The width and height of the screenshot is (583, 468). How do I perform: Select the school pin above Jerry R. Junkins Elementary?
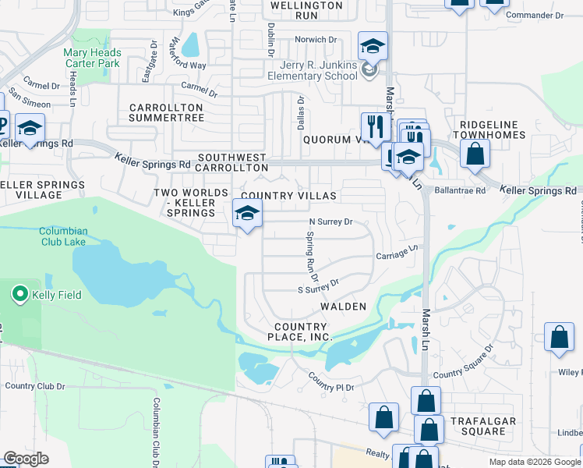[373, 47]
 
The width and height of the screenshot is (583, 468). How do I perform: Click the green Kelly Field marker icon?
[19, 294]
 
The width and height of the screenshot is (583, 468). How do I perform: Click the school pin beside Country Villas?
[247, 214]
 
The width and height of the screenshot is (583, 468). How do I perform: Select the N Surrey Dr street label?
[331, 222]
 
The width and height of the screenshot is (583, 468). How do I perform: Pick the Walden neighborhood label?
[343, 307]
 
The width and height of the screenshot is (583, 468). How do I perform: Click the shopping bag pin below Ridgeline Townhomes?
[475, 153]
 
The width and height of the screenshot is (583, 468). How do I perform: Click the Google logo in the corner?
[25, 459]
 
